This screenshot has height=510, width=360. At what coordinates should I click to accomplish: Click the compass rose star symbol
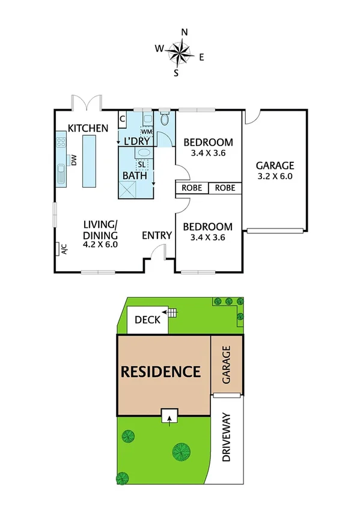pyautogui.click(x=180, y=52)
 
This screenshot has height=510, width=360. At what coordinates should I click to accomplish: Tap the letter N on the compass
pyautogui.click(x=185, y=32)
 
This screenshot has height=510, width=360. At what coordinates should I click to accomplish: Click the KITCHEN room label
pyautogui.click(x=88, y=128)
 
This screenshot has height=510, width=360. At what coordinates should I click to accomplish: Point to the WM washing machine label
pyautogui.click(x=146, y=131)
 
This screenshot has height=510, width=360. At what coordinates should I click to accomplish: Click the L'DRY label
pyautogui.click(x=136, y=141)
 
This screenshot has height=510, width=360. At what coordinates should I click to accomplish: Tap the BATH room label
pyautogui.click(x=135, y=176)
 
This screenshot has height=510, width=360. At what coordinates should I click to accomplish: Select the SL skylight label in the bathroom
pyautogui.click(x=141, y=164)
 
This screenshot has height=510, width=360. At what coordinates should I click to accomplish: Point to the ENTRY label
pyautogui.click(x=157, y=235)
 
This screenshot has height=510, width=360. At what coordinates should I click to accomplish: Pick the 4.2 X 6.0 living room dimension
pyautogui.click(x=100, y=245)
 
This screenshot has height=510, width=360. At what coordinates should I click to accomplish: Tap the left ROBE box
pyautogui.click(x=192, y=188)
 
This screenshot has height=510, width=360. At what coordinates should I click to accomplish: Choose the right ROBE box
pyautogui.click(x=225, y=188)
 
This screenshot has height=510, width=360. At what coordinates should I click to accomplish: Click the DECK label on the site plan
pyautogui.click(x=147, y=320)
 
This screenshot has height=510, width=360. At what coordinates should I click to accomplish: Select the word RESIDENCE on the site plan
pyautogui.click(x=161, y=372)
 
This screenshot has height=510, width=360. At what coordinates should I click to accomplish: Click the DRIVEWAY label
pyautogui.click(x=226, y=437)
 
